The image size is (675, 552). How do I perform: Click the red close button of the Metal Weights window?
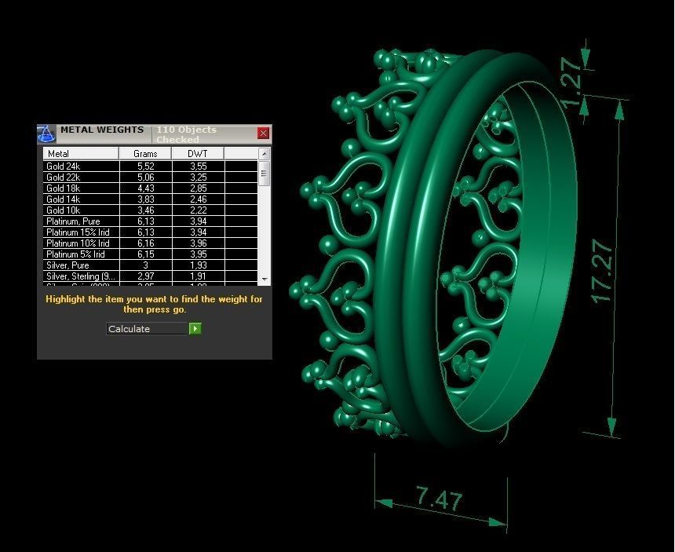click(263, 133)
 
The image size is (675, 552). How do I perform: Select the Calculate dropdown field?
click(147, 329)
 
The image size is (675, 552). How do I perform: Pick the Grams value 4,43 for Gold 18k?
click(145, 188)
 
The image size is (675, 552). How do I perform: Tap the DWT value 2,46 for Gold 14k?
click(198, 199)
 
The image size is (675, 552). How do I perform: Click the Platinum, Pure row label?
click(73, 221)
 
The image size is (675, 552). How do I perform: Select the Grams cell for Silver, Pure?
click(145, 265)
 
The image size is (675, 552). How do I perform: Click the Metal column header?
click(59, 154)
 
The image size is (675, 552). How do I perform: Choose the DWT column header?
click(197, 154)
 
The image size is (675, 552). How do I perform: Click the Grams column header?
click(145, 154)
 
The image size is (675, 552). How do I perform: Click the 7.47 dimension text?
click(440, 498)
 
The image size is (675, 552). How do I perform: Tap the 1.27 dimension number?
click(574, 82)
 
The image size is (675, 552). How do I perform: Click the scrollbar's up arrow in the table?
click(264, 154)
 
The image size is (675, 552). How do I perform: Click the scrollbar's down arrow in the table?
click(264, 279)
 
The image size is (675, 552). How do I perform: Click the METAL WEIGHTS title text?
click(102, 130)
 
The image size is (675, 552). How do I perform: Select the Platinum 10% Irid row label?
click(75, 243)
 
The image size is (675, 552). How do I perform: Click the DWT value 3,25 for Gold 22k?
click(198, 177)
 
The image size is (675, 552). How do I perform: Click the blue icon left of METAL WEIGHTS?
click(46, 133)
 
